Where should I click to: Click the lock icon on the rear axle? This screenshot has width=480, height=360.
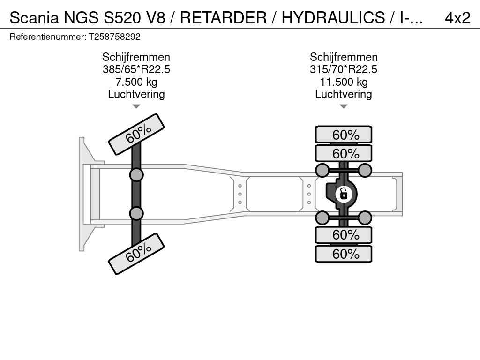tap(344, 194)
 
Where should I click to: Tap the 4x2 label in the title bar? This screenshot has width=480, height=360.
tap(457, 18)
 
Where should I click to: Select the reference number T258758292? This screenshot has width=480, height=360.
tap(114, 37)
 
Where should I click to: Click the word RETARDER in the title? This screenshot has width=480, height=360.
tap(223, 18)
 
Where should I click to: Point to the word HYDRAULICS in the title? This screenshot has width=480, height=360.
tap(333, 18)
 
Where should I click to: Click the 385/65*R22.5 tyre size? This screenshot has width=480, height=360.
tap(136, 69)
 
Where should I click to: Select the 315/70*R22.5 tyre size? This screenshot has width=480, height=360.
tap(344, 69)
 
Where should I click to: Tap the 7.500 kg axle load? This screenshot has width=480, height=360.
tap(136, 82)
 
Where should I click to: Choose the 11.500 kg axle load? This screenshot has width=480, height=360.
tap(344, 82)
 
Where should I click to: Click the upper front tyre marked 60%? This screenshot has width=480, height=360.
tap(136, 135)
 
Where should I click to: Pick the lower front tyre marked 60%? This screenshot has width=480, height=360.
tap(136, 254)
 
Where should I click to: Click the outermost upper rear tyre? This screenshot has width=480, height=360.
tap(344, 135)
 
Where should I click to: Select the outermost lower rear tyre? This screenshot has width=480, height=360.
tap(344, 254)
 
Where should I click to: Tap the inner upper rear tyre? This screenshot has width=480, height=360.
tap(344, 153)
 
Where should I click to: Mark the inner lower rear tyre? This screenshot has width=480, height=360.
tap(344, 235)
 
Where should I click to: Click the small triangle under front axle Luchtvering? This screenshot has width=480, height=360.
tap(136, 106)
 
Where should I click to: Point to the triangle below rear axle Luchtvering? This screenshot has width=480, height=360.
tap(344, 106)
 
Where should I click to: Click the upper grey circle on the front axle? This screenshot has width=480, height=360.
tap(136, 175)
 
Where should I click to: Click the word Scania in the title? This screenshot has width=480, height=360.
tap(34, 18)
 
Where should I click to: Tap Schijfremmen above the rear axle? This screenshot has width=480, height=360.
tap(344, 57)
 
